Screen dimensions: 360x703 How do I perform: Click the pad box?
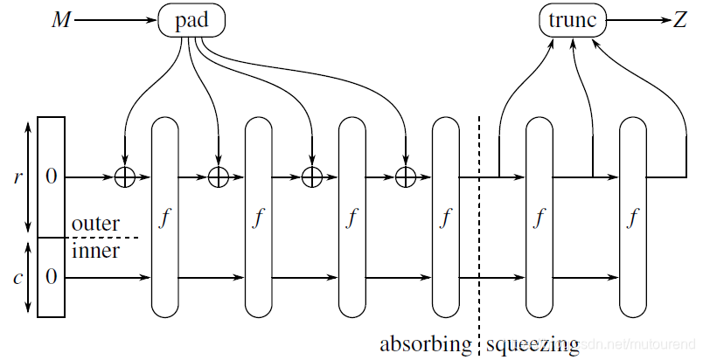coord(191,19)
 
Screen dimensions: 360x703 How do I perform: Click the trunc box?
coord(572,19)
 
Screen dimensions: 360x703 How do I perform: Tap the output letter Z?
coord(679,19)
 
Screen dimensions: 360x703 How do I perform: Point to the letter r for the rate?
coord(18,177)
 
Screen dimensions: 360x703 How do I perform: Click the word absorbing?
coord(425,343)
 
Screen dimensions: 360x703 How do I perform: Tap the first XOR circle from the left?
coord(125,177)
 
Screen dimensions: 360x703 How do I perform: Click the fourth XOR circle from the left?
coord(405,177)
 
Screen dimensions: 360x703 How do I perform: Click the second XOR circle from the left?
coord(218,177)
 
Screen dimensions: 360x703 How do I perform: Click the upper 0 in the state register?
coord(51,177)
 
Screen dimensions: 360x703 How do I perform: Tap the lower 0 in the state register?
coord(51,277)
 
